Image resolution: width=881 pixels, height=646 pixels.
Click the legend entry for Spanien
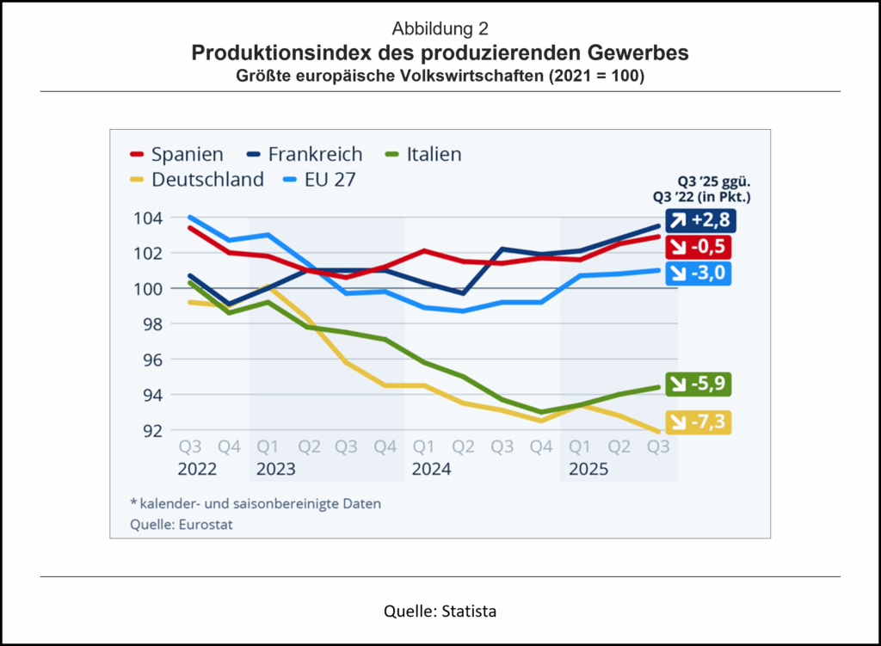point(176,155)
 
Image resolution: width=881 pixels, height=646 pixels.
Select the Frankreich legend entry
point(302,155)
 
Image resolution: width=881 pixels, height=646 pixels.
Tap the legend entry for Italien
point(423,155)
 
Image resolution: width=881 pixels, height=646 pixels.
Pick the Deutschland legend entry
point(195,180)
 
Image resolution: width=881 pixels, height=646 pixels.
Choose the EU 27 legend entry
point(315,180)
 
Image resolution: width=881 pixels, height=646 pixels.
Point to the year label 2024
point(432,470)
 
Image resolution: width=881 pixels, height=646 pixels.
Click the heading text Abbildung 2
point(440,31)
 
